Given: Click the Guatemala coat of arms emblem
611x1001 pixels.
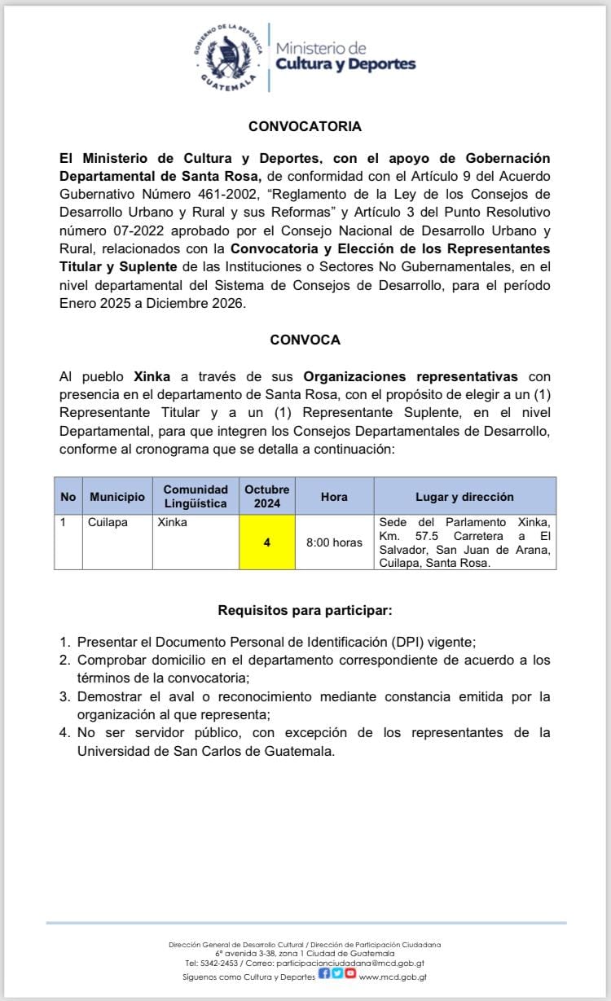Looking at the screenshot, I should pos(230,56).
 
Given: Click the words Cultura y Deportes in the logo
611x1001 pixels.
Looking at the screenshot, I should pos(345,64).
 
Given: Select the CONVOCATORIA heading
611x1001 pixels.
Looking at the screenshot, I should pos(305,127).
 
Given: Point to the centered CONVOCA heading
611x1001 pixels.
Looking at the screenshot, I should pos(305,340).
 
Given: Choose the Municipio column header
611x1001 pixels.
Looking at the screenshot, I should pos(117,497).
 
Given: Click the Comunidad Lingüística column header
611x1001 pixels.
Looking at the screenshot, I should pos(196,496).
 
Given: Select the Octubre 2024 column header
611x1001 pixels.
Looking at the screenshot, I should pos(267,496).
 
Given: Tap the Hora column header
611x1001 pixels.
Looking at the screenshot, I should pos(334,497).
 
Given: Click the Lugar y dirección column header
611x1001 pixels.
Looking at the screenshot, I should pos(464,497).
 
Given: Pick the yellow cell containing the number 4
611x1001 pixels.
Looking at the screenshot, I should pos(267,542).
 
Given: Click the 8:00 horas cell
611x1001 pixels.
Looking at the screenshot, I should pos(334,542).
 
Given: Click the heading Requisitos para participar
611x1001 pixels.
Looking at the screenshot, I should pos(305,610).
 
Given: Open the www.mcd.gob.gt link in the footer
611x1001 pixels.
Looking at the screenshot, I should pos(393,977).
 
